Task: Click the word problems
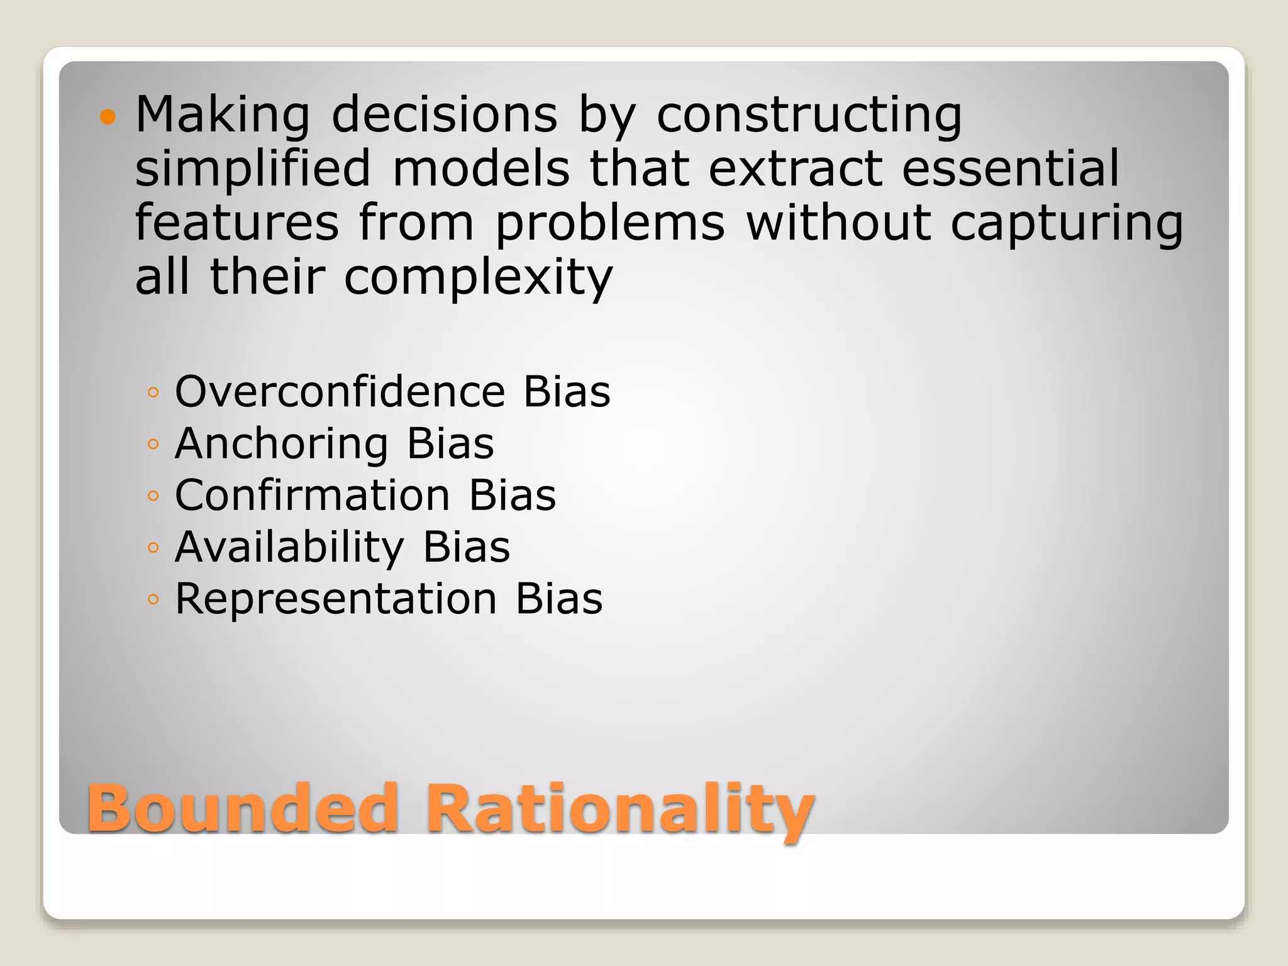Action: click(x=609, y=223)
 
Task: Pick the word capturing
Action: click(x=1067, y=223)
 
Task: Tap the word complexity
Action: click(x=478, y=277)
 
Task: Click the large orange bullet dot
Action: click(x=108, y=117)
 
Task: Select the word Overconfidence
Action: click(x=340, y=391)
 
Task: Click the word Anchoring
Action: click(x=281, y=443)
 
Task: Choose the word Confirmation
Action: click(x=313, y=495)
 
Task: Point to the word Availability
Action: click(x=289, y=547)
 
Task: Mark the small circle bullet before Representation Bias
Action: click(x=153, y=600)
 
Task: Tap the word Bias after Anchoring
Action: click(x=450, y=443)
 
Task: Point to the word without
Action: click(x=838, y=223)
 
